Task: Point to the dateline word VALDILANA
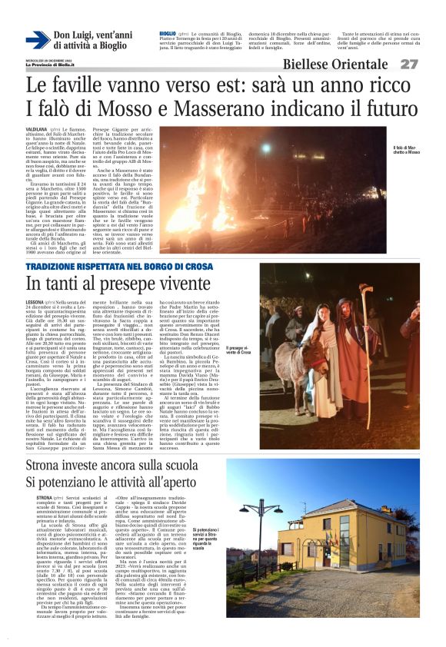pyautogui.click(x=36, y=131)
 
